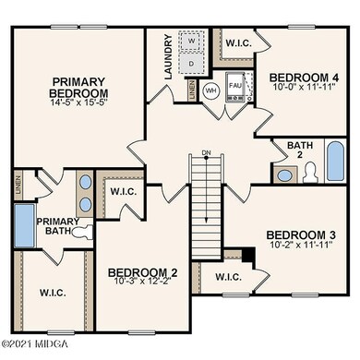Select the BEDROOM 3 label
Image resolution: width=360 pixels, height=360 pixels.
295,234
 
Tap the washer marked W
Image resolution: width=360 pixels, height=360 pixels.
192,42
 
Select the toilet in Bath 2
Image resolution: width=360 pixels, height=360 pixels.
310,171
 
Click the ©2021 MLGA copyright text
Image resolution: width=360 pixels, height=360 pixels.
33,353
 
